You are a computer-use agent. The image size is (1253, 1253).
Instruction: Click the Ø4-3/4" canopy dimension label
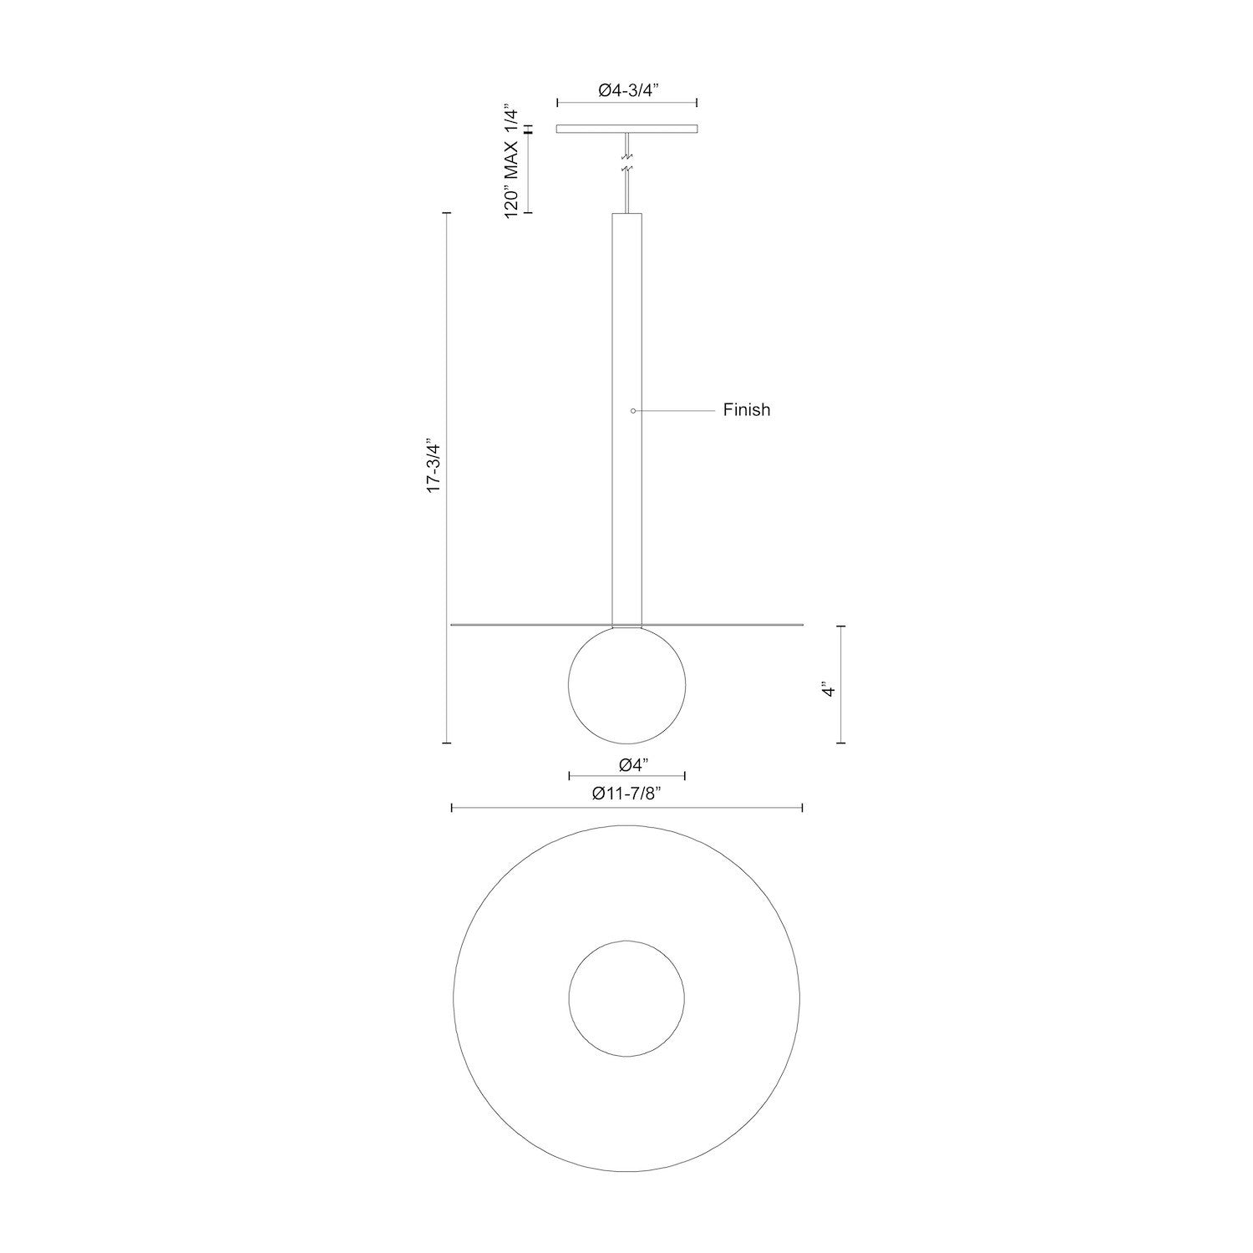(628, 92)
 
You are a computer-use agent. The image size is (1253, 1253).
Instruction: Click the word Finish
(746, 410)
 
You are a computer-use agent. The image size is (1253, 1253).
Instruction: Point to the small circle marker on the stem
(633, 410)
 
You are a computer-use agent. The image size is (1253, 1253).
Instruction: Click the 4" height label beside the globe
(828, 690)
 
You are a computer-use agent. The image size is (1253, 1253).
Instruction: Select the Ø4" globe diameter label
(633, 763)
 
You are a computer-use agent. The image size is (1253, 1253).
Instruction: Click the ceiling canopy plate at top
(627, 129)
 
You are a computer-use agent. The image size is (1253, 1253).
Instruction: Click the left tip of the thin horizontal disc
(452, 624)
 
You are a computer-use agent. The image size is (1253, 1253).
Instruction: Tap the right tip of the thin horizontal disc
(802, 624)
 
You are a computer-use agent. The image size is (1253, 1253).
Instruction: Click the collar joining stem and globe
(627, 625)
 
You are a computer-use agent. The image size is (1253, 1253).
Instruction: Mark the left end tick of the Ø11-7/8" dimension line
(452, 808)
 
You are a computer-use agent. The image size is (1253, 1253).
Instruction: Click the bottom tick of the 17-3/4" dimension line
(447, 742)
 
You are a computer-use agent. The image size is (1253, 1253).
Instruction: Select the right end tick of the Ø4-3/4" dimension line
(698, 103)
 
